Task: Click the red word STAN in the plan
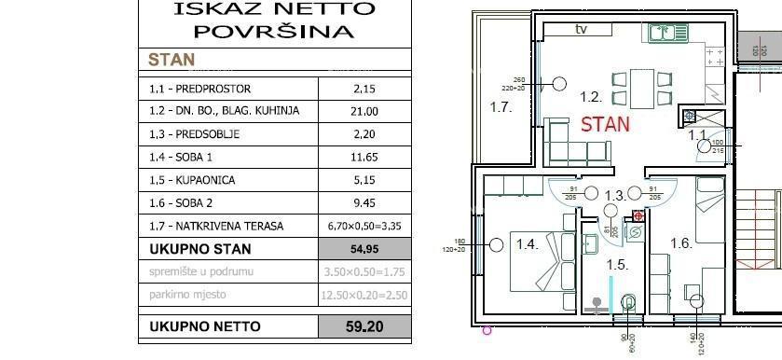point(605,123)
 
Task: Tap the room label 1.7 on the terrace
point(501,107)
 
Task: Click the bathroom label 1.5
point(617,264)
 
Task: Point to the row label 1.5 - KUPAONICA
point(192,179)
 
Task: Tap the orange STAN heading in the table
point(171,60)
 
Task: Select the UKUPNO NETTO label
point(205,326)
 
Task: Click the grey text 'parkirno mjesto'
point(188,295)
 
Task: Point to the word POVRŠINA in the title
point(275,31)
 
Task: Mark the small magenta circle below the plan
point(486,329)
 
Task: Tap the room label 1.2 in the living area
point(589,96)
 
